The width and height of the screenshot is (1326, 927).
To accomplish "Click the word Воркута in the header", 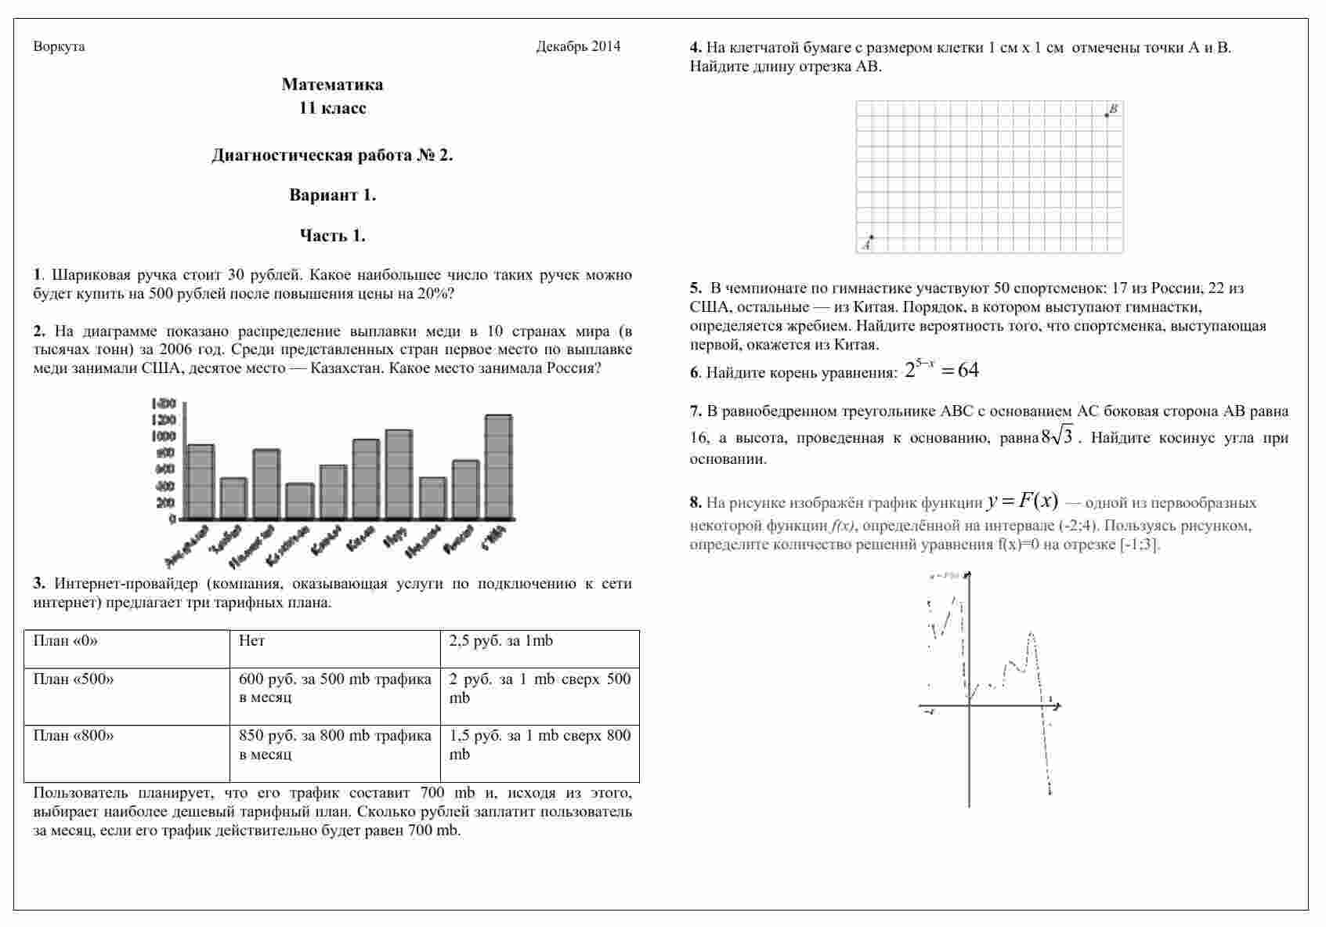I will click(59, 47).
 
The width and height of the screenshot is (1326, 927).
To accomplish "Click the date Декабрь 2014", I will click(578, 47).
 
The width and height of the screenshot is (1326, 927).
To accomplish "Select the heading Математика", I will click(332, 85).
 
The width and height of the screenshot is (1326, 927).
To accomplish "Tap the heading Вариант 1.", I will click(332, 195).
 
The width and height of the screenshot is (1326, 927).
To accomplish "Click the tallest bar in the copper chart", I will click(499, 466).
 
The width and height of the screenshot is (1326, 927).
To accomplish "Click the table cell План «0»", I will click(66, 641).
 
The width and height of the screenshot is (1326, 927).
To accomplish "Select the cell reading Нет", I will click(252, 641).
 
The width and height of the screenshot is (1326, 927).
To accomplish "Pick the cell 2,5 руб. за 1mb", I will click(501, 641).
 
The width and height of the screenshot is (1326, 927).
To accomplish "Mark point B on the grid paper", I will click(1107, 115).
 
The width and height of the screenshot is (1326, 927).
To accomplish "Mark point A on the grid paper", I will click(872, 237).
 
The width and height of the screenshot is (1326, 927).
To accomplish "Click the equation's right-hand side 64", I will click(968, 371).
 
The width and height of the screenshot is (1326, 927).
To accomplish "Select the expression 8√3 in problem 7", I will click(1057, 437).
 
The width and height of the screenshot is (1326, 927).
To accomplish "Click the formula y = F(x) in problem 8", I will click(1023, 502).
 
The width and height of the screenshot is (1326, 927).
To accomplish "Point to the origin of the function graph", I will click(970, 707).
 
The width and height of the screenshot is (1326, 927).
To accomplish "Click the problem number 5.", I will click(695, 288).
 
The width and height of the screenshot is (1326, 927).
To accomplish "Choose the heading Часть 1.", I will click(332, 236).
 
